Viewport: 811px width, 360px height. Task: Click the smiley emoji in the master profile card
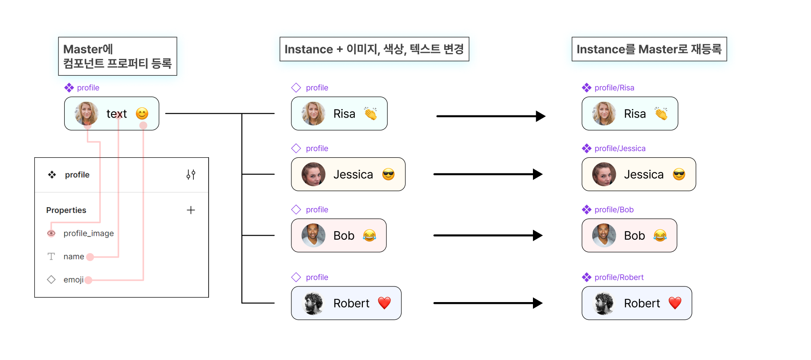142,114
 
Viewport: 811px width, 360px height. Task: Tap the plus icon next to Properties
191,210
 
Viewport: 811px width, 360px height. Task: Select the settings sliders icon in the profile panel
191,175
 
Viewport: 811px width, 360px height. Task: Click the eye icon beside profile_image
51,233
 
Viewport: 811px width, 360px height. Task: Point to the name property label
74,257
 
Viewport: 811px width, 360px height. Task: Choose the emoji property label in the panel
73,280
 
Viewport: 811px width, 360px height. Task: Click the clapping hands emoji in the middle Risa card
370,114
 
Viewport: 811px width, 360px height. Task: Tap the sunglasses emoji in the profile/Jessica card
679,174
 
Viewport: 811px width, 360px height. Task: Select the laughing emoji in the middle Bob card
369,235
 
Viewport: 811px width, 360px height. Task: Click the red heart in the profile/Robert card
675,303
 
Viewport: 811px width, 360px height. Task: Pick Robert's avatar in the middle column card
313,303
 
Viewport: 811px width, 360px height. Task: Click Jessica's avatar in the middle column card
313,174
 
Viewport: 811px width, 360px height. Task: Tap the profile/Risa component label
614,88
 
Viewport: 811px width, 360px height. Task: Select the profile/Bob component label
614,209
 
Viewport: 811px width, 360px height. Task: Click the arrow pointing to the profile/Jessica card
488,174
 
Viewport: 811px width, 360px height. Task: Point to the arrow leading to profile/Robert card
488,303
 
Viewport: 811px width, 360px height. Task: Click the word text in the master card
117,114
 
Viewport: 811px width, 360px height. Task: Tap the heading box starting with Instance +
374,49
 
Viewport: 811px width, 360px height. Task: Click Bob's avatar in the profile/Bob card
604,235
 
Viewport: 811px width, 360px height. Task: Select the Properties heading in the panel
66,210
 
